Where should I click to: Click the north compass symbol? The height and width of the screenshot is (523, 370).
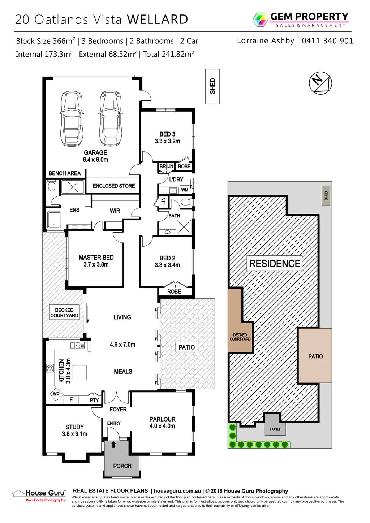tap(320, 83)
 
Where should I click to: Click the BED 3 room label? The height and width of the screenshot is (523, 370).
tap(167, 138)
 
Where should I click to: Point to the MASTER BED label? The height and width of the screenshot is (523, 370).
tap(96, 261)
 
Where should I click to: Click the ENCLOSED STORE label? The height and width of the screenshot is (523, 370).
tap(113, 186)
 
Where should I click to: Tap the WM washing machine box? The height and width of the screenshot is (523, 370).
tap(185, 190)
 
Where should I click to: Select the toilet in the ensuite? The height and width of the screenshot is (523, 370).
tap(51, 186)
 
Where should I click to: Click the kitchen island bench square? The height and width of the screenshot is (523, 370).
tap(79, 372)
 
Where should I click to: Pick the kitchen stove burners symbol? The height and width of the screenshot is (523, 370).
tap(50, 368)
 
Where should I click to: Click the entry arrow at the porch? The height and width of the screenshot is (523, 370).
tap(114, 444)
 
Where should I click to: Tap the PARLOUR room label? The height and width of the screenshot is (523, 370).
tap(162, 423)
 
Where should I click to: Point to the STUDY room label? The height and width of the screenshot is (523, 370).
tap(74, 431)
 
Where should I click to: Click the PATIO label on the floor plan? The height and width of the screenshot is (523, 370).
tap(186, 347)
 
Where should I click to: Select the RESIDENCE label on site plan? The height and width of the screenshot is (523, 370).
tap(275, 263)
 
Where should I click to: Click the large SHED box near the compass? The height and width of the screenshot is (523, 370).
tap(212, 86)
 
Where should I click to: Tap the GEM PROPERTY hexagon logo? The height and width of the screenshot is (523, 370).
tap(260, 20)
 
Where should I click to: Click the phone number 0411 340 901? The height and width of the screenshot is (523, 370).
tap(327, 41)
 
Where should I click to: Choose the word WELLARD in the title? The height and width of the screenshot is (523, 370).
tap(158, 19)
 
